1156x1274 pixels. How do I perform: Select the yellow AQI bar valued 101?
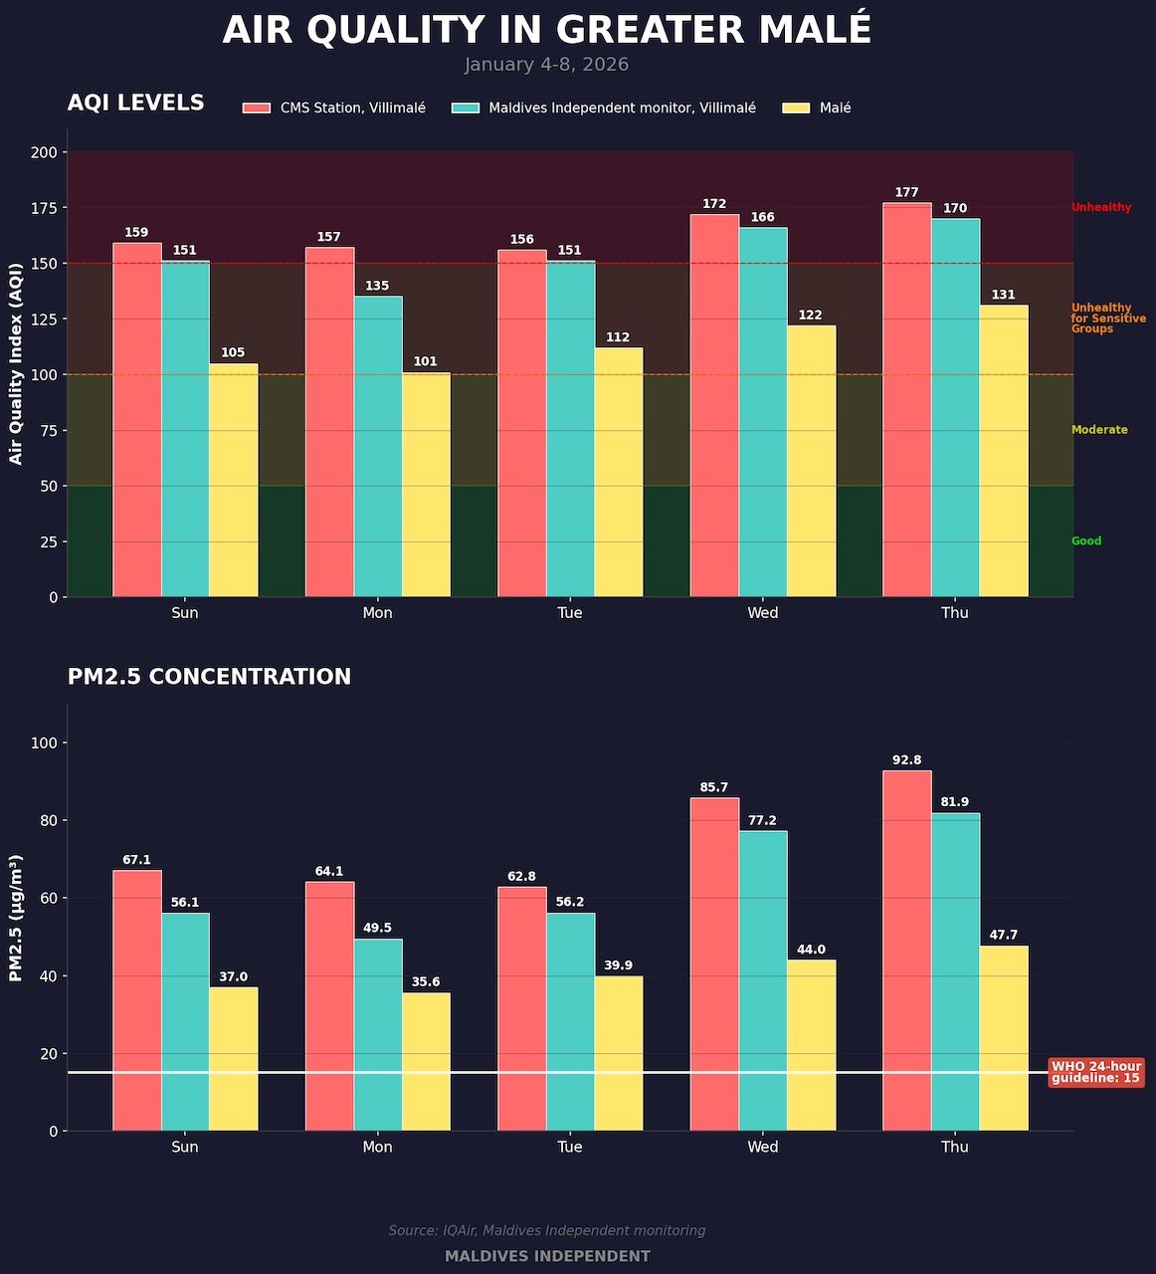(426, 485)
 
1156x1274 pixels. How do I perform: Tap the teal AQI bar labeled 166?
(763, 412)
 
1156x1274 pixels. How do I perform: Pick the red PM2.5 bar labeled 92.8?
(906, 951)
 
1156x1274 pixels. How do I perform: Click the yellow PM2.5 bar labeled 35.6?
(426, 1062)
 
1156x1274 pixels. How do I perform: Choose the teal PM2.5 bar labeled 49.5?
(378, 1035)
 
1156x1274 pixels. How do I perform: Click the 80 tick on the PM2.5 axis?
(48, 820)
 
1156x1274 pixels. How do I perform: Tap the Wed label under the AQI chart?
(763, 613)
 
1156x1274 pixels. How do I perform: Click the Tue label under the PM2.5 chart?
(570, 1147)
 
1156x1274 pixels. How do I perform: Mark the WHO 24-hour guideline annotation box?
(1096, 1072)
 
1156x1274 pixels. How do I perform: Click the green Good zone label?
(1086, 541)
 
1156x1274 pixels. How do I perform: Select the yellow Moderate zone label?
(1099, 430)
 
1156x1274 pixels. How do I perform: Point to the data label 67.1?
(136, 860)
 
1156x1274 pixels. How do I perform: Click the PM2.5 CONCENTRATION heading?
(209, 677)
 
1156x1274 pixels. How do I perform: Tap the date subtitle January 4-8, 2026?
(546, 65)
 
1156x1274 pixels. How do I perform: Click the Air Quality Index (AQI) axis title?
(16, 363)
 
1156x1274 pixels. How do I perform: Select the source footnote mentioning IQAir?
(546, 1231)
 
